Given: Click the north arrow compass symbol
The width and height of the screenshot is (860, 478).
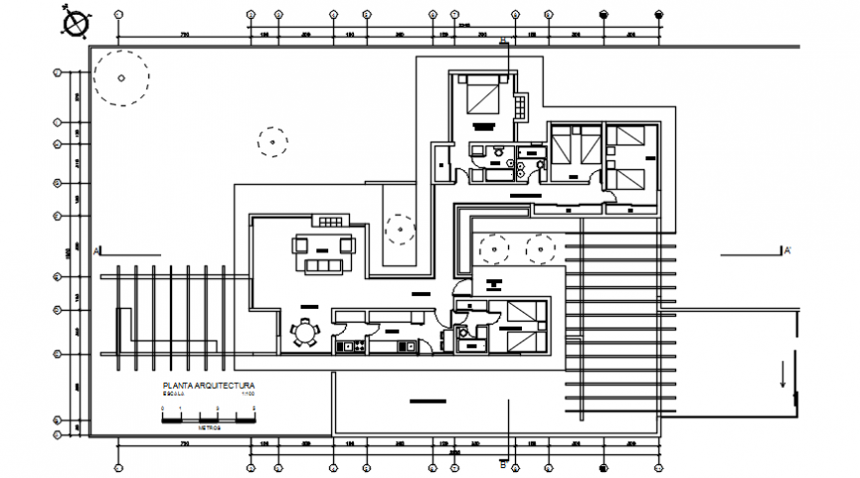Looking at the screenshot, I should point(74,21).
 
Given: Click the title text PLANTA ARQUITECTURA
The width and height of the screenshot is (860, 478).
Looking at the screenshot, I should point(209,385).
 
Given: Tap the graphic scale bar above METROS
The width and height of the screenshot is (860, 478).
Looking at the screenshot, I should point(209,420).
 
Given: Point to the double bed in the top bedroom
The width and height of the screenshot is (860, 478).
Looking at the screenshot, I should point(483,97).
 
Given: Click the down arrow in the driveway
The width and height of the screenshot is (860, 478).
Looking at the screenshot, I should point(784,377).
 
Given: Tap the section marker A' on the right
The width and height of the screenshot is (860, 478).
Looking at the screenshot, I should point(787,251).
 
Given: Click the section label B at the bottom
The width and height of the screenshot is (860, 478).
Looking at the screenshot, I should point(502,462).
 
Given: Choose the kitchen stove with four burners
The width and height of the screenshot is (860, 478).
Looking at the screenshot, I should point(346,347).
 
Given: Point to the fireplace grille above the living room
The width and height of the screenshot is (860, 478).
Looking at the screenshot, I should point(328,221).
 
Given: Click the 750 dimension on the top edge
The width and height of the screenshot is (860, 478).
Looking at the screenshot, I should point(184,36).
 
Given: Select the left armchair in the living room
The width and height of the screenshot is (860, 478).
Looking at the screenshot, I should point(300,244).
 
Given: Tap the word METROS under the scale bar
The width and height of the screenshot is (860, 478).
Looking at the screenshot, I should point(209,428).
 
